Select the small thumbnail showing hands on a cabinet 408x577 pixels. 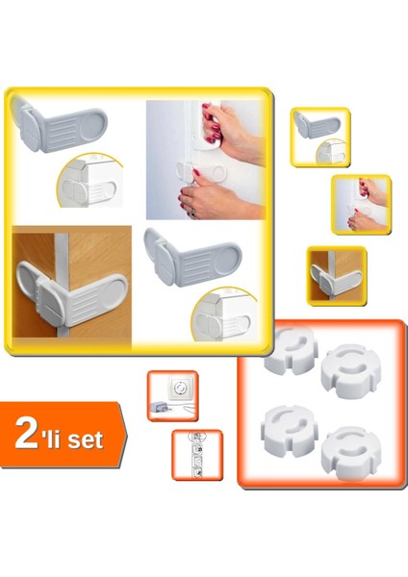click(x=362, y=204)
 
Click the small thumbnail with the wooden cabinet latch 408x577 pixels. click(x=337, y=275)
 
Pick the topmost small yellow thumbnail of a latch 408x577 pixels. click(x=320, y=136)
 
